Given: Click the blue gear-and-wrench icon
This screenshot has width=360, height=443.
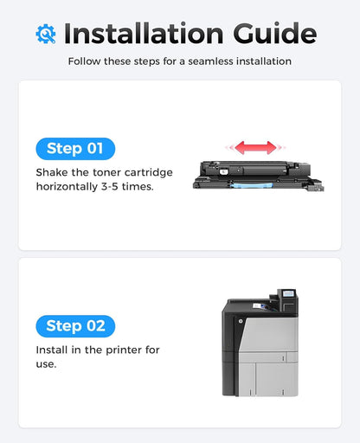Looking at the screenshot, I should click(45, 33).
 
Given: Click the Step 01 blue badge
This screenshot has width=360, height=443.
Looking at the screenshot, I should click(75, 149).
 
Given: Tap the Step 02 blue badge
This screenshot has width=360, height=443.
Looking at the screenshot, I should click(75, 326).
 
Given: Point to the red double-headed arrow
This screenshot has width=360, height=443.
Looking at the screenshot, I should click(255, 147).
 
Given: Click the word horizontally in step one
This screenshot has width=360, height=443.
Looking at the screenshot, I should click(70, 187).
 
